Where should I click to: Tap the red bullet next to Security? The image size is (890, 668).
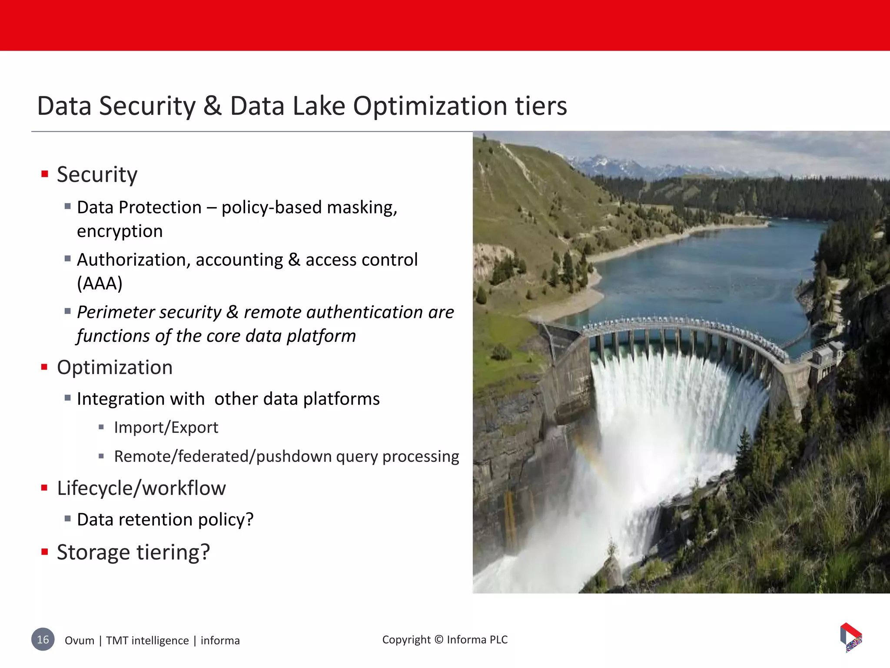(44, 174)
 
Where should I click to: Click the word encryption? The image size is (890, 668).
(120, 231)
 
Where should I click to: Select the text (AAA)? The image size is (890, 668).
(100, 284)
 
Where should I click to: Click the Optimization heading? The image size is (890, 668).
(115, 367)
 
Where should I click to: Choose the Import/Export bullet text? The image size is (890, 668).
(166, 428)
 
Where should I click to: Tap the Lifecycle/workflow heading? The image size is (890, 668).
(141, 488)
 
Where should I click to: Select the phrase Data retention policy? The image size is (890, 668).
(165, 520)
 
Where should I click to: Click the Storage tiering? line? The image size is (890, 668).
(133, 552)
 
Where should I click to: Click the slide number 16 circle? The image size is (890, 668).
(43, 639)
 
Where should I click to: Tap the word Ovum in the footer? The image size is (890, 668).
(80, 641)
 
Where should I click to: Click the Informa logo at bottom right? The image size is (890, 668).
(851, 637)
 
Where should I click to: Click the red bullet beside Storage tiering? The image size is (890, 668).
(44, 552)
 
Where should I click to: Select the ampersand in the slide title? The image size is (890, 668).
(212, 106)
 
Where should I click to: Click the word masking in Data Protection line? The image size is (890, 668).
(362, 208)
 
